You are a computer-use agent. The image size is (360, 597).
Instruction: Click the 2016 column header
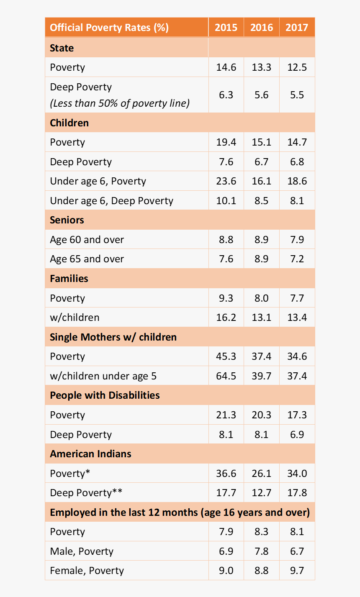pos(261,28)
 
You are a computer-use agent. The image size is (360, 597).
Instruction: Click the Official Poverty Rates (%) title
pos(109,28)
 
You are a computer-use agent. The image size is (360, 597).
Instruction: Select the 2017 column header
pos(297,28)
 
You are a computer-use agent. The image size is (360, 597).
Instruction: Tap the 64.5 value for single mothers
pos(226,376)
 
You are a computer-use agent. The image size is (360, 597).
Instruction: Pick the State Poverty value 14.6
pos(226,67)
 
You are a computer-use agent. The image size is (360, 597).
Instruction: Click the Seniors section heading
pos(67,220)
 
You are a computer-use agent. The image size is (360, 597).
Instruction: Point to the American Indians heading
pos(90,454)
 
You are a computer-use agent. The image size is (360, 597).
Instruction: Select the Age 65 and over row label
pos(87,259)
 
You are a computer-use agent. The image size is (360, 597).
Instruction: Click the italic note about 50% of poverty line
pos(120,103)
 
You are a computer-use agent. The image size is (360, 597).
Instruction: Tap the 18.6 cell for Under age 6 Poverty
pos(297,181)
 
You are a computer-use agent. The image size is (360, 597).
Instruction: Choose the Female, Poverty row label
pos(87,571)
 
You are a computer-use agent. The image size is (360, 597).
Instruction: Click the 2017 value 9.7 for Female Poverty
pos(297,571)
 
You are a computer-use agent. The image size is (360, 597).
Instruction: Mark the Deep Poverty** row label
pos(86,493)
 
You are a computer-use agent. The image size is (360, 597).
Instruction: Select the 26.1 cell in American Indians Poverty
pos(261,474)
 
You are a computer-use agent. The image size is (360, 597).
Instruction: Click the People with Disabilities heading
pos(105,395)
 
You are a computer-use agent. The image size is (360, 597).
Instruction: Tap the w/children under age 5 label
pos(103,376)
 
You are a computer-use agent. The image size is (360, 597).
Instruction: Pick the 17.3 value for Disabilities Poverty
pos(297,415)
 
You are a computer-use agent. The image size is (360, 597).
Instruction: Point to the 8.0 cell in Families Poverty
pos(261,298)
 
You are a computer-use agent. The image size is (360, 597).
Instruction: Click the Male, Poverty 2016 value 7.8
pos(261,551)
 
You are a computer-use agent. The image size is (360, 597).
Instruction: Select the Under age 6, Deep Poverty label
pos(111,201)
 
